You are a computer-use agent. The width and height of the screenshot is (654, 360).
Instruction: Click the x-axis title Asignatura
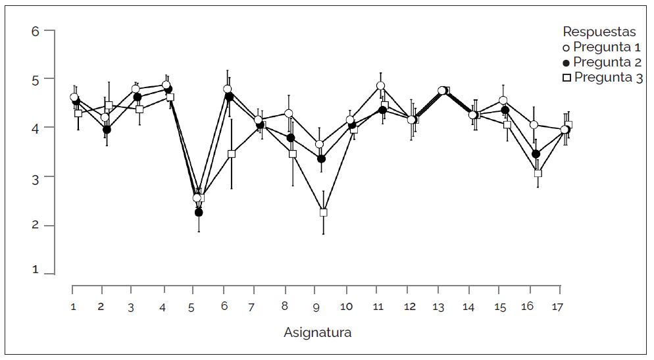point(317,332)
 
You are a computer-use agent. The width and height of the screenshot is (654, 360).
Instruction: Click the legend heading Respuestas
point(599,32)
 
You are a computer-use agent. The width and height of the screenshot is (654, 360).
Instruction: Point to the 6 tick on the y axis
point(36,31)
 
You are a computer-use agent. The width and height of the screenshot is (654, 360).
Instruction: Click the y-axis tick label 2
point(36,225)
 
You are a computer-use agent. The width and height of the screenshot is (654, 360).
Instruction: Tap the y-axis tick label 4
point(36,128)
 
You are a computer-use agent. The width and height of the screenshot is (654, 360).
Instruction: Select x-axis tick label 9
point(316,307)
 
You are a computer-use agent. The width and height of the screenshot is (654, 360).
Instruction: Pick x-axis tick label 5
point(191,307)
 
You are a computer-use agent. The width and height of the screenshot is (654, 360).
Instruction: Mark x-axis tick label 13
point(438,307)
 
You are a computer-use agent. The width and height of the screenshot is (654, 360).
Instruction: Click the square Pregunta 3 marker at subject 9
point(323,213)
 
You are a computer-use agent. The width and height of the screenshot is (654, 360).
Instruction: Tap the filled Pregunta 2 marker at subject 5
point(199,213)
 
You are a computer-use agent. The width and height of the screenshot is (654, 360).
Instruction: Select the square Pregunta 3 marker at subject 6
point(232,154)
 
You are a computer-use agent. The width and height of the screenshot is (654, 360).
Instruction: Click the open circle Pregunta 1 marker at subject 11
point(380,86)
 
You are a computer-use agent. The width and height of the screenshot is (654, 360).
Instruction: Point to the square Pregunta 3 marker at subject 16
point(538,173)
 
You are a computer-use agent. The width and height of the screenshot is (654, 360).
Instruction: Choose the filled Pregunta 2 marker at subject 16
point(536,154)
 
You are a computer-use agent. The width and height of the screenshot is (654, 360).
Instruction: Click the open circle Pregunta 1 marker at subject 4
point(166,85)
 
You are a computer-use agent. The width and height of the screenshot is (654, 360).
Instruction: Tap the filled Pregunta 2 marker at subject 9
point(321,159)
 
